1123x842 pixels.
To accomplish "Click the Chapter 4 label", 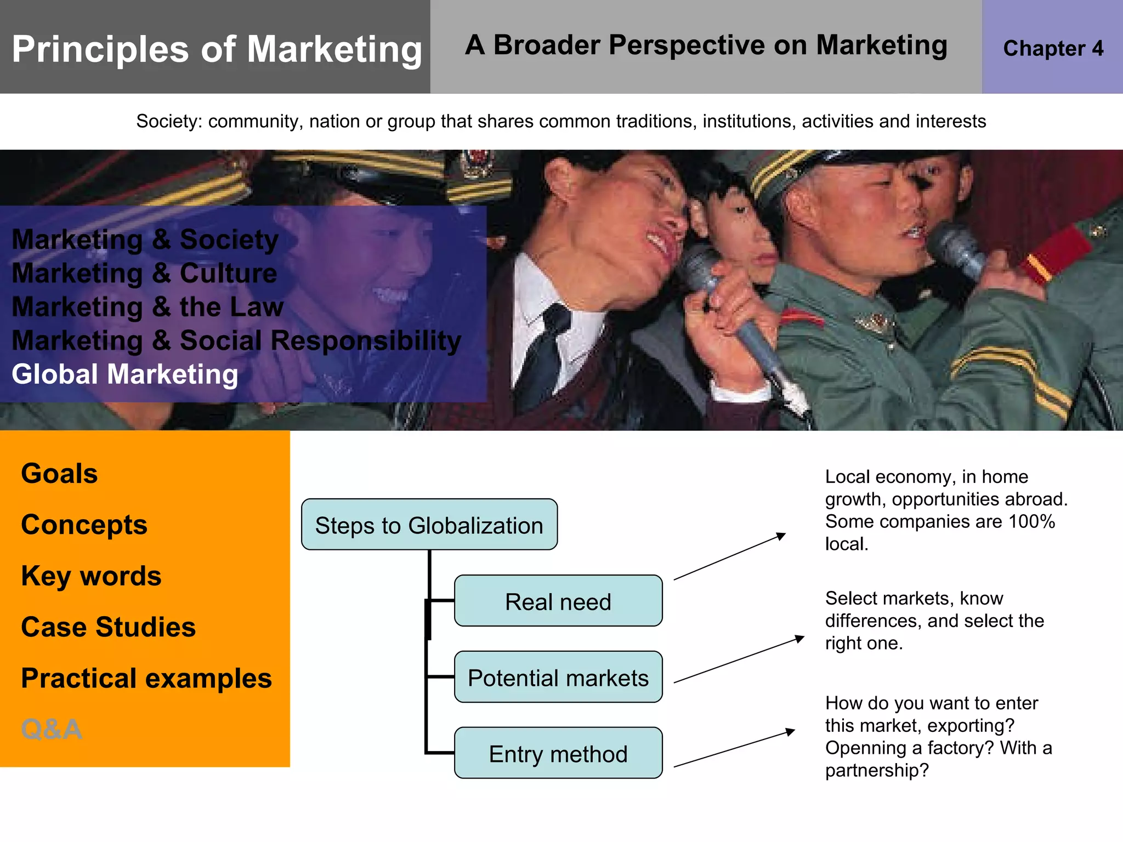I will coord(1053,48).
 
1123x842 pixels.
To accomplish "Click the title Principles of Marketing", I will coord(217,49).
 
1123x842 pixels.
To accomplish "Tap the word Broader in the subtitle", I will coord(546,45).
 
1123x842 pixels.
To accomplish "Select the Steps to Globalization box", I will coord(429,525).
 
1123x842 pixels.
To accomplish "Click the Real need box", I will coord(558,601).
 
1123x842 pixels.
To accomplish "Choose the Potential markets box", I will coord(558,677).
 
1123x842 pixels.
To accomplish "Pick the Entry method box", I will coord(558,753).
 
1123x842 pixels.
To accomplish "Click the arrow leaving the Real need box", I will coord(729,556).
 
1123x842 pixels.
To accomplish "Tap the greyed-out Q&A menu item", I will coord(52,729).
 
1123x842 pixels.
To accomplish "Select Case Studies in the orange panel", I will coord(108,627).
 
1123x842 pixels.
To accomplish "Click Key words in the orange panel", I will coord(91,576).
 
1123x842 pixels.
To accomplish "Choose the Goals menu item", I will coord(59,473).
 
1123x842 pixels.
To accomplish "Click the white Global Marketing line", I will coord(125,374).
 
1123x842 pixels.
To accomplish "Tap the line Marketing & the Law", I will coord(148,307).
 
